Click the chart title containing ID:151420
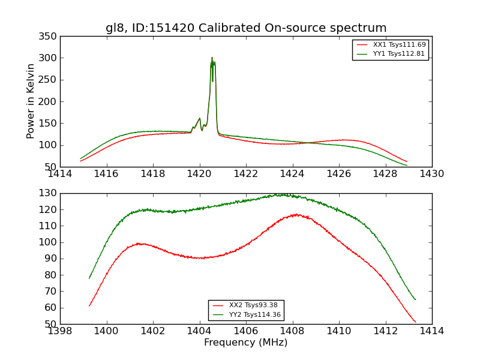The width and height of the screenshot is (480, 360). coord(246,28)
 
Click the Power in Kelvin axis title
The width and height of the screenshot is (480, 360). coord(31,101)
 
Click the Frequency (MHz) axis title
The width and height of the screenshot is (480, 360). coord(246,343)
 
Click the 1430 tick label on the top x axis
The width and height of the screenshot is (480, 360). coord(431,174)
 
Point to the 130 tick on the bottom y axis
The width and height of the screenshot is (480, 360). coord(49,193)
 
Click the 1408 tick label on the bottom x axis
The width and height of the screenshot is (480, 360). coord(292,331)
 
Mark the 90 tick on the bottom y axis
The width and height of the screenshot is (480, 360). coord(52,259)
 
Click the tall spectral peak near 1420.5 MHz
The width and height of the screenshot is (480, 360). coord(212,58)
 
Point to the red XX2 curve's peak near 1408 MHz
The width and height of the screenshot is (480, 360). coord(296,214)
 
